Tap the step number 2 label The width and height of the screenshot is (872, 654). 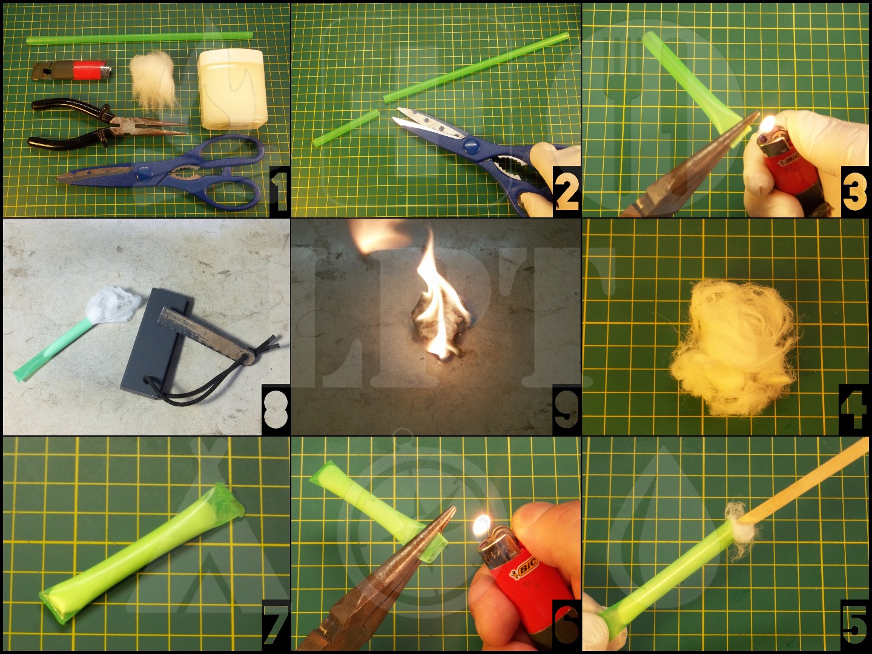point(567,193)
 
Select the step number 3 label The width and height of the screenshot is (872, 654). point(854,191)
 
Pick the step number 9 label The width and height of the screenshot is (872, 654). point(567,410)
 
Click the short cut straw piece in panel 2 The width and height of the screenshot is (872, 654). point(346,128)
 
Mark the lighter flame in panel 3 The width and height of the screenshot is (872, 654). point(768,125)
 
